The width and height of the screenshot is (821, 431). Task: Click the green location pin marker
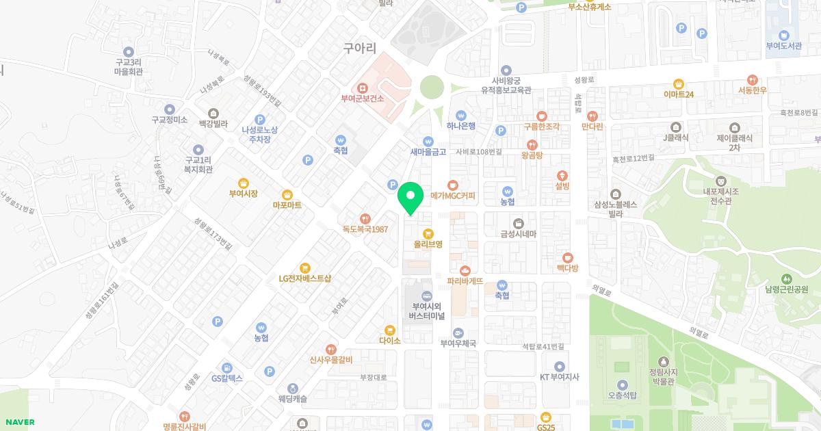pyautogui.click(x=410, y=198)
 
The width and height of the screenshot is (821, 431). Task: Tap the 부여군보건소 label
pyautogui.click(x=363, y=99)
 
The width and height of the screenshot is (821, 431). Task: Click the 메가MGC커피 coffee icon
pyautogui.click(x=452, y=184)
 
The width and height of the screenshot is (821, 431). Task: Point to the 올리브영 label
pyautogui.click(x=428, y=244)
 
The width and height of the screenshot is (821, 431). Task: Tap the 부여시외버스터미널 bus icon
pyautogui.click(x=428, y=296)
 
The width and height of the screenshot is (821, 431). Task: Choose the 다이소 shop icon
pyautogui.click(x=389, y=330)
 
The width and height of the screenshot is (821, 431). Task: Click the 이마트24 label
pyautogui.click(x=679, y=94)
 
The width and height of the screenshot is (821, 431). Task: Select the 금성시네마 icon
pyautogui.click(x=519, y=222)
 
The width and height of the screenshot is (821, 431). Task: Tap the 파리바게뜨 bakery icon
pyautogui.click(x=465, y=270)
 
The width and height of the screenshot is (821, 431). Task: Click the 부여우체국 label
pyautogui.click(x=457, y=343)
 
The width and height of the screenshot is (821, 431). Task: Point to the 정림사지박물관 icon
pyautogui.click(x=662, y=361)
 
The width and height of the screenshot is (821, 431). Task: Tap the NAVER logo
pyautogui.click(x=18, y=422)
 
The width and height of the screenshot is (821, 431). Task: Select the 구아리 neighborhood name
pyautogui.click(x=360, y=48)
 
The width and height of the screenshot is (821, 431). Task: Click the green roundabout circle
pyautogui.click(x=432, y=88)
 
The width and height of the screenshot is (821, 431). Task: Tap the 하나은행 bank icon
pyautogui.click(x=461, y=115)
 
